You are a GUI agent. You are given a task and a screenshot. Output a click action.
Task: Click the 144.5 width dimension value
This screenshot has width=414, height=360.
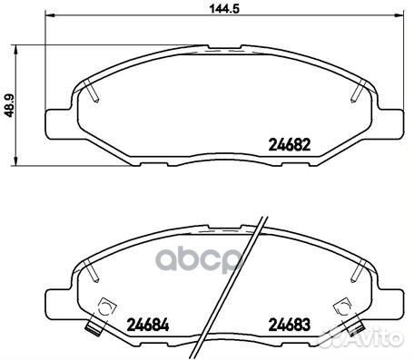[x=224, y=8]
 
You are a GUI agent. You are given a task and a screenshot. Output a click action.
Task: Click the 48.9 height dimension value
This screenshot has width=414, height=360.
[x=10, y=105]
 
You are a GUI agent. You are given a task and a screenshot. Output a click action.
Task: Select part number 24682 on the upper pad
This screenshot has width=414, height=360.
[x=290, y=145]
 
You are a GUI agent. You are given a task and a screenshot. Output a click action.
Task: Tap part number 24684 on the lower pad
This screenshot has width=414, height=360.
[x=148, y=325]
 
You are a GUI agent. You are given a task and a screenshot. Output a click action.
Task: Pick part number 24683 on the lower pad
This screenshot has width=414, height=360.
[x=290, y=325]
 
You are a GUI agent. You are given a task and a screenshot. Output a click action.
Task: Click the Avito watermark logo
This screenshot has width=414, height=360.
[x=361, y=338]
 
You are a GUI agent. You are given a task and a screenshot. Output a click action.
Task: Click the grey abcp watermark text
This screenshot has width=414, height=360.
[x=198, y=260]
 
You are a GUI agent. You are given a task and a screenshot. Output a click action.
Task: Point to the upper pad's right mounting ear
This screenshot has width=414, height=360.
[x=390, y=124]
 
